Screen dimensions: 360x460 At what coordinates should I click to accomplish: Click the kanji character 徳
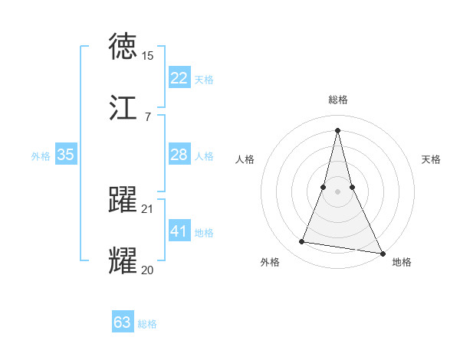pos(123,47)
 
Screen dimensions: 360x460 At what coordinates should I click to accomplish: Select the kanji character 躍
pos(123,200)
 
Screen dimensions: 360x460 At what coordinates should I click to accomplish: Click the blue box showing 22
pos(179,78)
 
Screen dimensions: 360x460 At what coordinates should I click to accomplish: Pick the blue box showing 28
pos(179,155)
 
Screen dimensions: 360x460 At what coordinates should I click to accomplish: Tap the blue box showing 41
pos(179,231)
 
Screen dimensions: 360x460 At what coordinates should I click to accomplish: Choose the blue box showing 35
pos(66,155)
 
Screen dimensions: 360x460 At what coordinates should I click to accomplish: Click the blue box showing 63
pos(123,322)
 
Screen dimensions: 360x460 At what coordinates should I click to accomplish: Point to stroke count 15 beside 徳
pos(147,56)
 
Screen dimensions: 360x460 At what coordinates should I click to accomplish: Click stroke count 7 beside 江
pos(147,117)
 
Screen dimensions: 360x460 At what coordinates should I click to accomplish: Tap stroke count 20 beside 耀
pos(147,270)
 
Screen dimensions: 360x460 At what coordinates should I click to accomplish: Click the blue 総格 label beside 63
pos(147,324)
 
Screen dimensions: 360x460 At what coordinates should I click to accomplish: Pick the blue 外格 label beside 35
pos(41,155)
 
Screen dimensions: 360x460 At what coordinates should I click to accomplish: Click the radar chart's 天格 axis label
pos(431,159)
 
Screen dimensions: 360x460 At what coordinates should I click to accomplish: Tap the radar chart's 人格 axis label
pos(245,159)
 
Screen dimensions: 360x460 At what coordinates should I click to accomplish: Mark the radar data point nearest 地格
pos(382,254)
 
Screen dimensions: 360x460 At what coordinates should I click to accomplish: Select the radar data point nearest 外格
pos(302,242)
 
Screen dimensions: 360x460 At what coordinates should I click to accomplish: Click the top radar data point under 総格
pos(337,129)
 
